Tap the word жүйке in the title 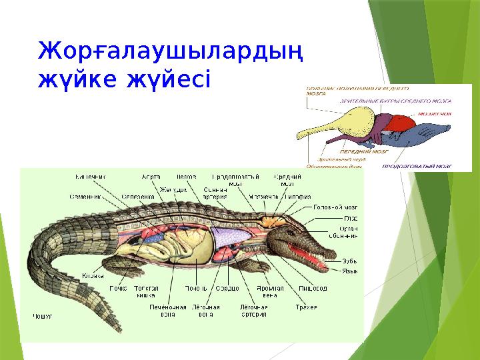pos(81,81)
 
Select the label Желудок pos(172,189)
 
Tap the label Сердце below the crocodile pos(227,288)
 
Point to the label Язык pos(350,271)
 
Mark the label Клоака pos(93,276)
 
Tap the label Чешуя pos(43,316)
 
